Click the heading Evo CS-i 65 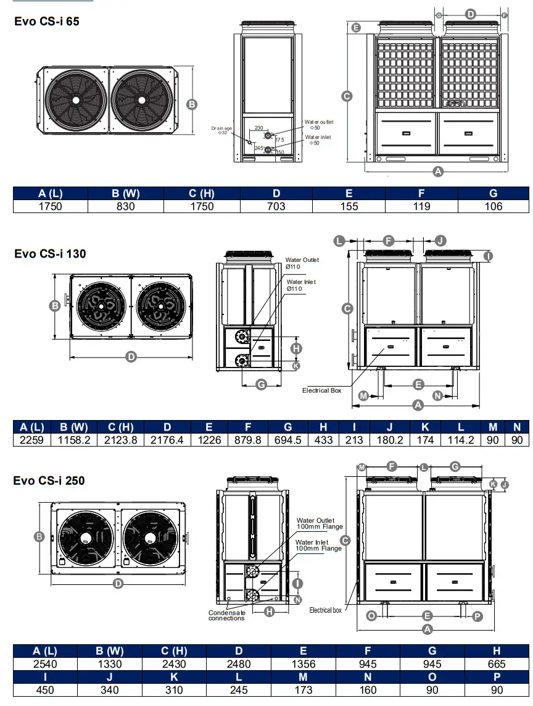pyautogui.click(x=47, y=21)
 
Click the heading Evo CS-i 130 pyautogui.click(x=50, y=253)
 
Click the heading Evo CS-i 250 pyautogui.click(x=49, y=481)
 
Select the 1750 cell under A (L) pyautogui.click(x=51, y=206)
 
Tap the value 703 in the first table pyautogui.click(x=276, y=206)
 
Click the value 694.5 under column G pyautogui.click(x=288, y=440)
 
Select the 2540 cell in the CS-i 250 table pyautogui.click(x=45, y=664)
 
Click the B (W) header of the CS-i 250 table pyautogui.click(x=110, y=650)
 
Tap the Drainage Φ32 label pyautogui.click(x=221, y=130)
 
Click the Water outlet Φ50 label pyautogui.click(x=318, y=125)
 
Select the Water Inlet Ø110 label pyautogui.click(x=300, y=285)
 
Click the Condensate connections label pyautogui.click(x=226, y=615)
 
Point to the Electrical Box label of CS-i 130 pyautogui.click(x=321, y=390)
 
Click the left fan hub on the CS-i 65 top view pyautogui.click(x=75, y=99)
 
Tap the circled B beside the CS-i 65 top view pyautogui.click(x=192, y=104)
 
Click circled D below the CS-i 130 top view pyautogui.click(x=131, y=357)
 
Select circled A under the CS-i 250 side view pyautogui.click(x=426, y=629)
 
